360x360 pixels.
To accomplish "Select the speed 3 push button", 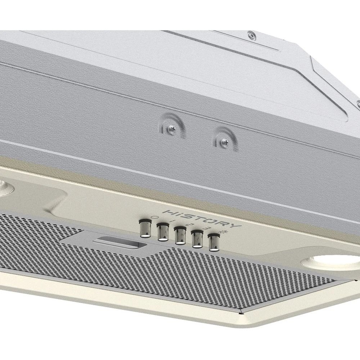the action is pyautogui.click(x=197, y=239).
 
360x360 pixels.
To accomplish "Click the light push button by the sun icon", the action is pyautogui.click(x=213, y=242).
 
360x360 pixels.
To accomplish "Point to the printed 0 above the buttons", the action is pyautogui.click(x=155, y=217).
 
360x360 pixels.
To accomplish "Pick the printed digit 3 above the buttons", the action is pyautogui.click(x=206, y=228).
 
